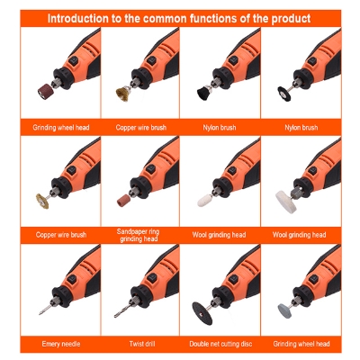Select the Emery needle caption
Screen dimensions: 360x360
click(x=60, y=344)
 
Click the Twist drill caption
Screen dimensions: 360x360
click(x=140, y=344)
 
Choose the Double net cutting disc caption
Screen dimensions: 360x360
click(x=220, y=344)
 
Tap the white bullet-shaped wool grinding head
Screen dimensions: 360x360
click(x=202, y=197)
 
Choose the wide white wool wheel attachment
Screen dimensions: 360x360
click(x=282, y=197)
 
